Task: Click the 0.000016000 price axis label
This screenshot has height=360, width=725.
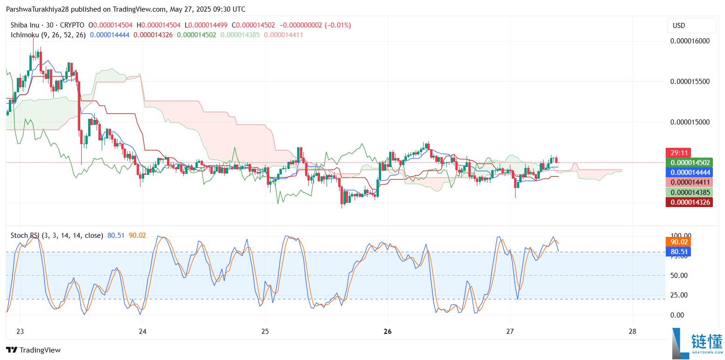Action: [690, 41]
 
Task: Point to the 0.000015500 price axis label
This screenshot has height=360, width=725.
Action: [690, 81]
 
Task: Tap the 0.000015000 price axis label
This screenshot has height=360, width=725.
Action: [690, 122]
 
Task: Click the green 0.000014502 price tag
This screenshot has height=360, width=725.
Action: [689, 162]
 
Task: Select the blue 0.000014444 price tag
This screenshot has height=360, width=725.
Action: [689, 172]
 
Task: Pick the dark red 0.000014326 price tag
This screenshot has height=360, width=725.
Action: [689, 202]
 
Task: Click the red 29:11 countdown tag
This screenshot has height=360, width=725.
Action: [678, 152]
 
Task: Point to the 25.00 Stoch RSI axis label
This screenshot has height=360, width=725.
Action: [679, 295]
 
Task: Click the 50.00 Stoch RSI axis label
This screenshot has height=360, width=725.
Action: [679, 275]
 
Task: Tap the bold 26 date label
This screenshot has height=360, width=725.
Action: [387, 332]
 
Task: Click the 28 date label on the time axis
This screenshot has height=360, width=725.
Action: [632, 332]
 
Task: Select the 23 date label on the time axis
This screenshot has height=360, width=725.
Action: [20, 332]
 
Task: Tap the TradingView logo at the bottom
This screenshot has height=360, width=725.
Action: [33, 350]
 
